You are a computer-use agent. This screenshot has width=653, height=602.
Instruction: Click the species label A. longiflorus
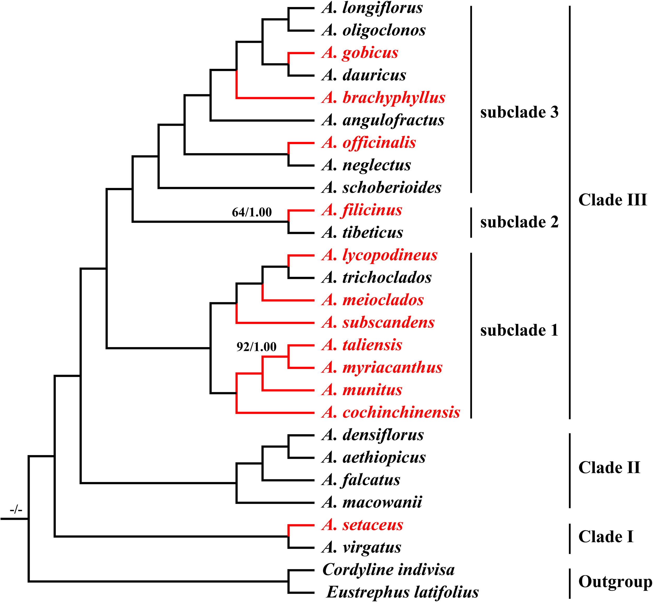point(372,8)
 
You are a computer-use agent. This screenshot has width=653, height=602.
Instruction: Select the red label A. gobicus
point(360,53)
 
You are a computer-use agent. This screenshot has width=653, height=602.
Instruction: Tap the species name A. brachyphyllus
point(383,98)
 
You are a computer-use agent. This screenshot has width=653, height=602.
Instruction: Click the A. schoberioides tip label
point(381,188)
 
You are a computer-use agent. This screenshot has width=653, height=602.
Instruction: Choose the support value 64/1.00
point(252,212)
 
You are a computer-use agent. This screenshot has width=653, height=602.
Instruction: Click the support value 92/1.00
point(256,347)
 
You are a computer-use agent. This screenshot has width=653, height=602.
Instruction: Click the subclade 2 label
point(519,222)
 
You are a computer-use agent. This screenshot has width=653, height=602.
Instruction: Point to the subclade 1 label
point(519,330)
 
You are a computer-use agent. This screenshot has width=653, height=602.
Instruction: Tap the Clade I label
point(606,537)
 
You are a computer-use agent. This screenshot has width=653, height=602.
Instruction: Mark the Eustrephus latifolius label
point(403,592)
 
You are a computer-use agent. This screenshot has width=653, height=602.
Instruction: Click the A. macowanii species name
point(372,502)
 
